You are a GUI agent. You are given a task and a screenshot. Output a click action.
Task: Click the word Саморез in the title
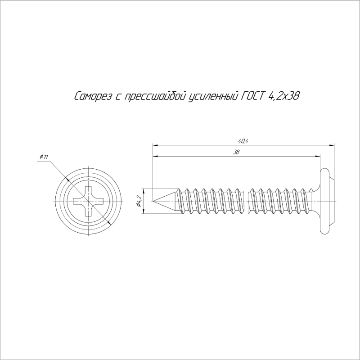point(93,96)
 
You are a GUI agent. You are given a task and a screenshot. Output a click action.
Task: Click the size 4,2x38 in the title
point(283,96)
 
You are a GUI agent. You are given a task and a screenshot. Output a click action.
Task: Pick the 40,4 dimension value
point(243,141)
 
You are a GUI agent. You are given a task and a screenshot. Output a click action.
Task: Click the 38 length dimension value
point(236,152)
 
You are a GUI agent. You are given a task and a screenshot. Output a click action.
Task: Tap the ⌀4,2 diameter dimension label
point(139,201)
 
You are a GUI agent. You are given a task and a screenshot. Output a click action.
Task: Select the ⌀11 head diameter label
point(44,157)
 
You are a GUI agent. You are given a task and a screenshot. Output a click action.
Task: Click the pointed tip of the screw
point(153,201)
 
